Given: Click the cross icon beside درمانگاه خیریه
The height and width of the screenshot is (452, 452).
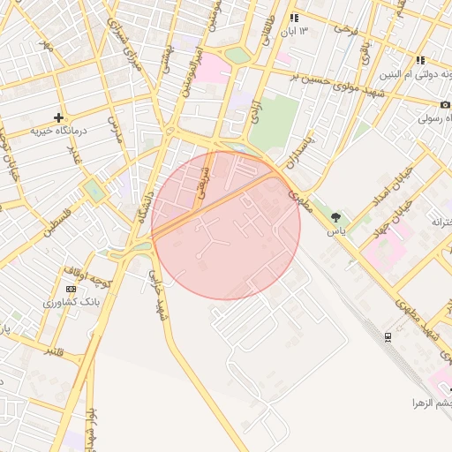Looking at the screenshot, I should [x=59, y=117].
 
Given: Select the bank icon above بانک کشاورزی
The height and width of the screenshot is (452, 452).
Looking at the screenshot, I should [x=71, y=289].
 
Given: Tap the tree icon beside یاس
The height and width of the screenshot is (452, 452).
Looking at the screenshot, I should [x=335, y=217].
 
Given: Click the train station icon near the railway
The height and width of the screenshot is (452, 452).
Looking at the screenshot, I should [x=388, y=336].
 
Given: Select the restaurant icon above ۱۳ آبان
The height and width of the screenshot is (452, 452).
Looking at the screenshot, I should [x=294, y=18].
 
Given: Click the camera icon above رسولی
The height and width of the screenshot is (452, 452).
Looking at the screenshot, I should [x=446, y=104].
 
